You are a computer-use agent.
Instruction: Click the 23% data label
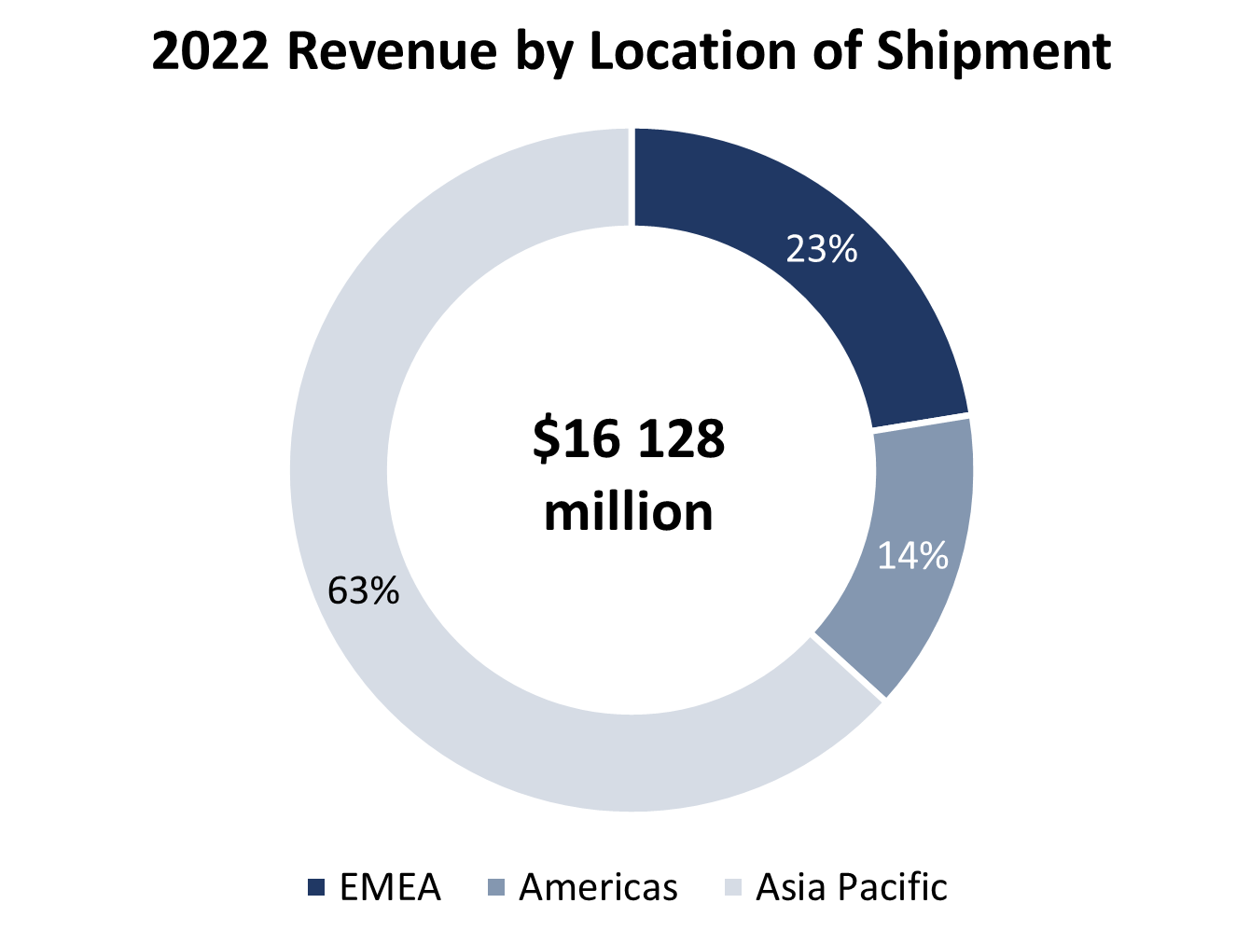click(x=821, y=249)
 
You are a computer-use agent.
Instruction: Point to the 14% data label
click(x=912, y=556)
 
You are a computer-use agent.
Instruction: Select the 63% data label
click(x=364, y=591)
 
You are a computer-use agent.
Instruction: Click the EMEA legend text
click(x=390, y=887)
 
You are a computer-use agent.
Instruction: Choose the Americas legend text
click(x=598, y=887)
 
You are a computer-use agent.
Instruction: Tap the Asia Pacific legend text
click(x=851, y=887)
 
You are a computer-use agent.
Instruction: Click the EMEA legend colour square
click(x=316, y=888)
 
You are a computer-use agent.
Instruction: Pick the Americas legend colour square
click(x=496, y=888)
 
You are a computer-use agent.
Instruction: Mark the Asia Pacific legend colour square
click(x=733, y=888)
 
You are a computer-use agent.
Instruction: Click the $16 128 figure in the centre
click(x=629, y=438)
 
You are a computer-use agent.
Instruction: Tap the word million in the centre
click(x=629, y=512)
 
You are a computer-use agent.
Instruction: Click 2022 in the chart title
click(x=211, y=51)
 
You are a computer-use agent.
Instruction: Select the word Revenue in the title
click(x=392, y=51)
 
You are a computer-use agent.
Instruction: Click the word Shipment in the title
click(x=993, y=51)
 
